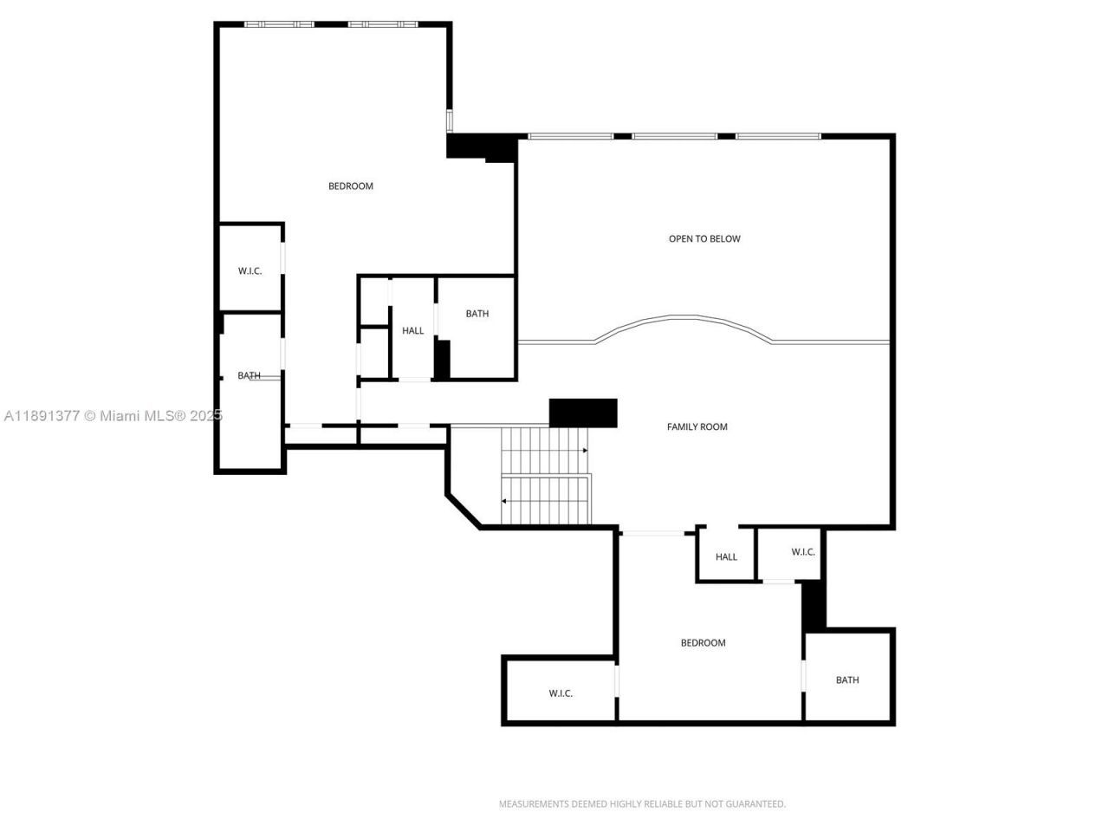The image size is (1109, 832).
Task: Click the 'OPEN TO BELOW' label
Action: click(x=704, y=239)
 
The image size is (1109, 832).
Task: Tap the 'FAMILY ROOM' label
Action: click(x=697, y=427)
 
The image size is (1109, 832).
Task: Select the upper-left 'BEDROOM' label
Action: click(x=350, y=186)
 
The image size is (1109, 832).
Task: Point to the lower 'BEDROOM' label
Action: click(x=703, y=643)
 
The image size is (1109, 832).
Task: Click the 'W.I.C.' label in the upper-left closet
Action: click(x=250, y=271)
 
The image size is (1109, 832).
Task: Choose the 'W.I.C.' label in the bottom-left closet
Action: click(x=561, y=693)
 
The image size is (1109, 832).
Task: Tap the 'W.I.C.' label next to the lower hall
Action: click(x=803, y=552)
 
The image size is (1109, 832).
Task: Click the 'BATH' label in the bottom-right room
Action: click(x=847, y=680)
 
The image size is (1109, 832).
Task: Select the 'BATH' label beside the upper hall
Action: click(x=477, y=314)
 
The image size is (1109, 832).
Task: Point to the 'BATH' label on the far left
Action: click(x=249, y=376)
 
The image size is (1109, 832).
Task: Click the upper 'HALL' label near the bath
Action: click(x=412, y=331)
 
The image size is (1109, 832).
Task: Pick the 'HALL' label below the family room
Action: click(x=726, y=557)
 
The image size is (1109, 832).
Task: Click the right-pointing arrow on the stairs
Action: click(x=585, y=451)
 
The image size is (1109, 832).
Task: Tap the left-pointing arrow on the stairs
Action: click(x=504, y=501)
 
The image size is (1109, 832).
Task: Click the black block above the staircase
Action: click(x=583, y=413)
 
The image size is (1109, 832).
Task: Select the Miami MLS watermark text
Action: click(x=113, y=416)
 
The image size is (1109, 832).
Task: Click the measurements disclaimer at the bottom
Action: click(x=642, y=804)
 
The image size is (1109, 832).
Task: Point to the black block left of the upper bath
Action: click(x=442, y=360)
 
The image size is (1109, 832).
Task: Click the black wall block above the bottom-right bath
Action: click(x=813, y=605)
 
